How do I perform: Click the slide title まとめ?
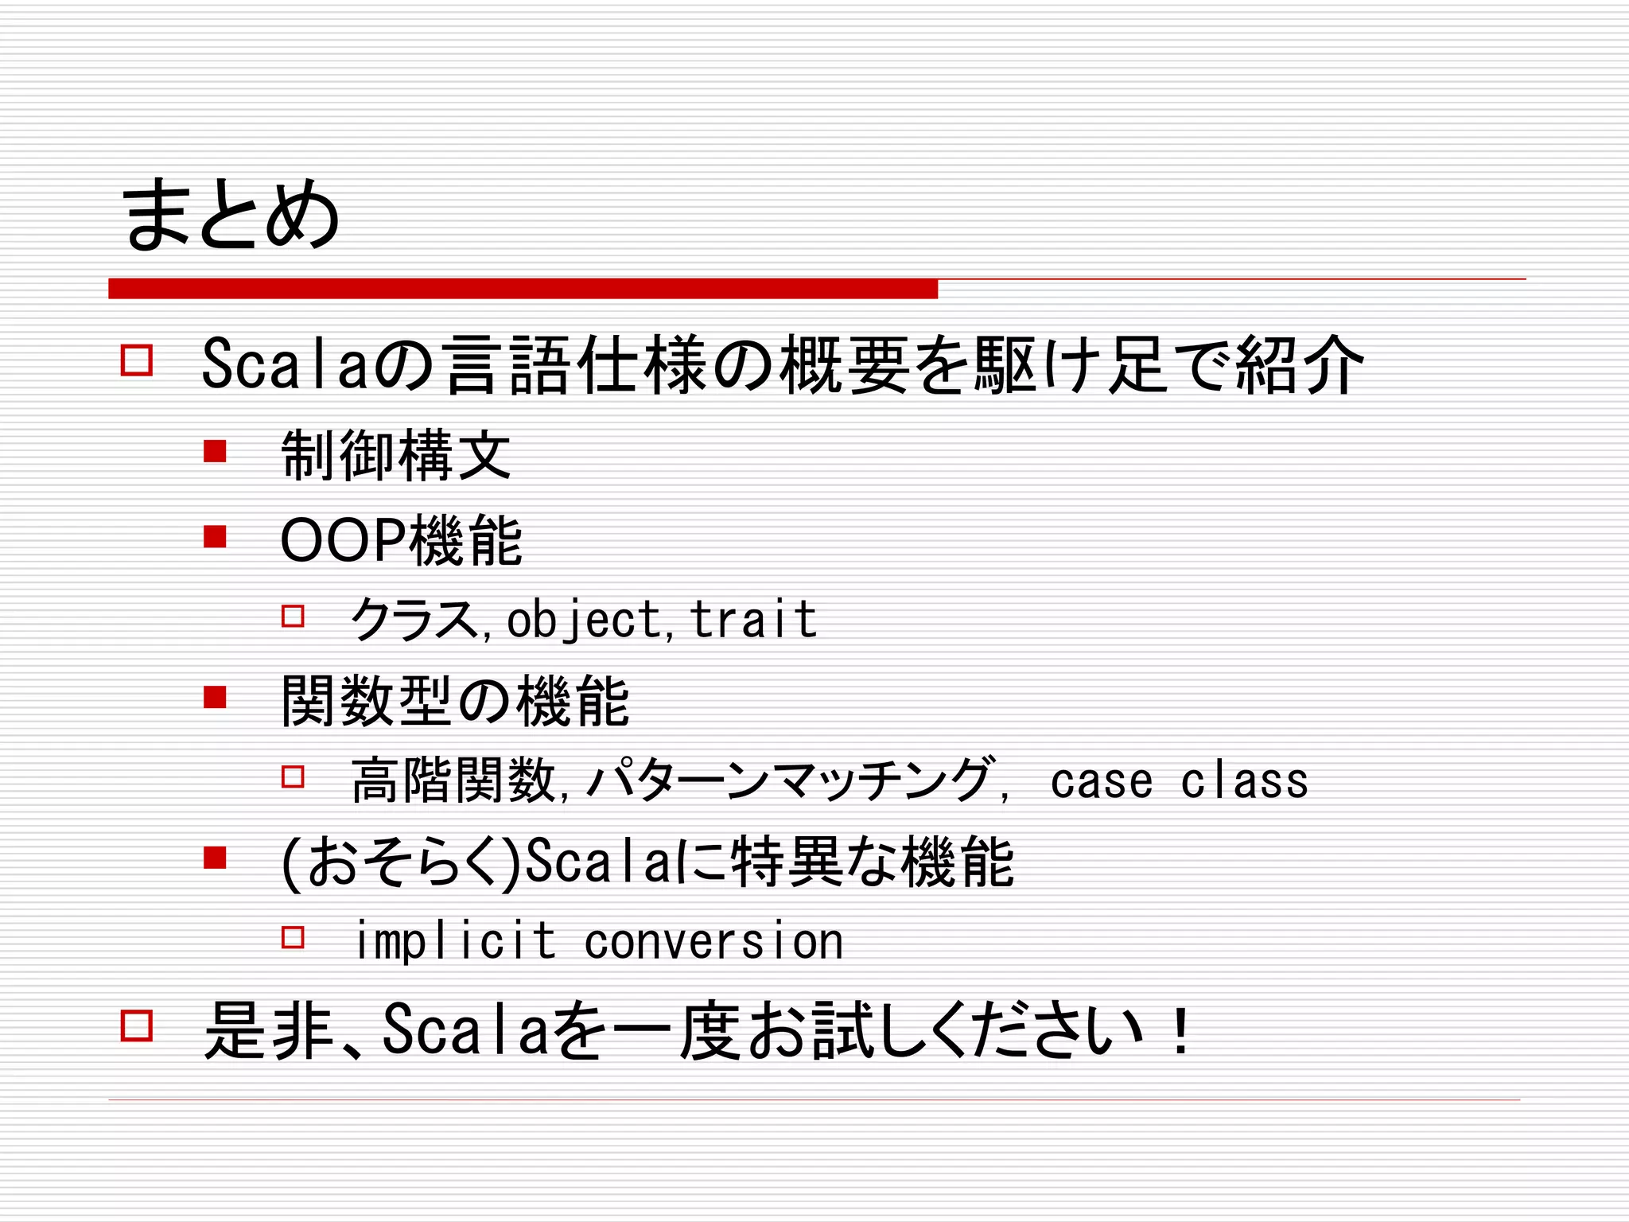pos(231,213)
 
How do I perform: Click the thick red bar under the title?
pos(523,289)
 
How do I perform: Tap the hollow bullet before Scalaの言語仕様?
pos(136,360)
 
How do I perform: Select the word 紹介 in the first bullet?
pos(1300,364)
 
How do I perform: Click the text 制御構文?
pos(395,455)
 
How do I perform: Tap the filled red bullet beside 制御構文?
pos(215,452)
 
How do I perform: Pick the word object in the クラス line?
pos(584,620)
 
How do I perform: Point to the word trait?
pos(752,620)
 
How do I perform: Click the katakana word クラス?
pos(414,620)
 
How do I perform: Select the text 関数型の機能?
pos(455,702)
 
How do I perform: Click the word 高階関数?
pos(453,780)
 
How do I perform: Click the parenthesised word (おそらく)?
pos(402,862)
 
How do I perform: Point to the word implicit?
pos(454,941)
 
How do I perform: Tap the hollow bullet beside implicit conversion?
pos(293,937)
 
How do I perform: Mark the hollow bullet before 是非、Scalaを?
pos(136,1025)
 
